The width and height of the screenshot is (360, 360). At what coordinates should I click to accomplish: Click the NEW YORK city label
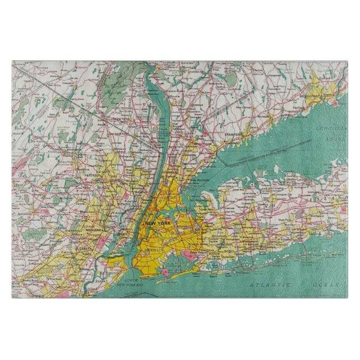(158, 224)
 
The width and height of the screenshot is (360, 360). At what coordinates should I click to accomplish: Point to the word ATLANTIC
(268, 285)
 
